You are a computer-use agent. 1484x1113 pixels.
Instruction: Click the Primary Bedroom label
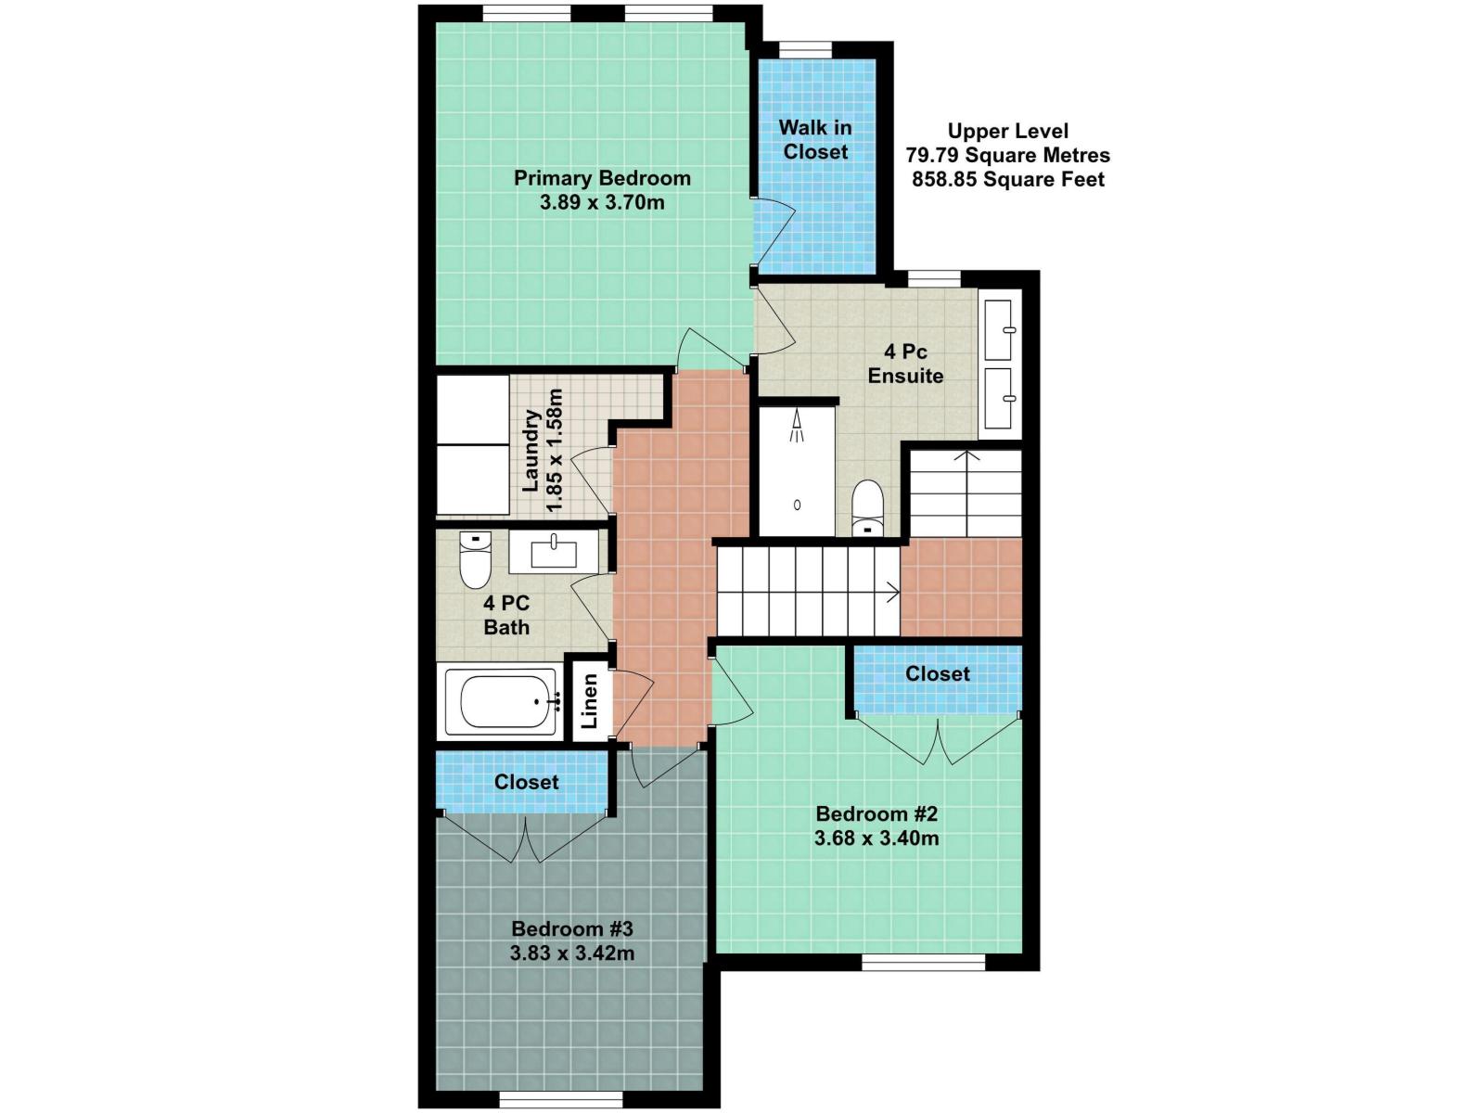[602, 178]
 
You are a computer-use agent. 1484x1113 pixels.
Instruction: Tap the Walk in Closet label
[815, 140]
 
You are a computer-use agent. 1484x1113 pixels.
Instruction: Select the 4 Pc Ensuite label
[905, 364]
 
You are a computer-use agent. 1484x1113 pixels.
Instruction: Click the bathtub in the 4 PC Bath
[502, 701]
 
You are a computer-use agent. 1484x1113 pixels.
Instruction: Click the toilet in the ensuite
[868, 507]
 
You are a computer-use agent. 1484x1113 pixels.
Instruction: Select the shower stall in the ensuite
[797, 471]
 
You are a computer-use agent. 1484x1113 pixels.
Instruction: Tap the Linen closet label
[589, 700]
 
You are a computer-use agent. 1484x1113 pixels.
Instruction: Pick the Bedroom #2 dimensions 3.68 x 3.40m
[876, 838]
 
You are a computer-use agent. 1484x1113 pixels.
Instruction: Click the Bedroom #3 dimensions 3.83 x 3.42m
[572, 953]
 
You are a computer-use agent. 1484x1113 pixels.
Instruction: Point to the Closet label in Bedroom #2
[938, 673]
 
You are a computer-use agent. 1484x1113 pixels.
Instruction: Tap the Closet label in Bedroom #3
[526, 782]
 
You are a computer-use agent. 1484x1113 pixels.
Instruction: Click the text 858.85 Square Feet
[1008, 179]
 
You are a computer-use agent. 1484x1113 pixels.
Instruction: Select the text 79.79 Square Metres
[1008, 155]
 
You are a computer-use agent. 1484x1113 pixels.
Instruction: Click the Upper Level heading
[1008, 131]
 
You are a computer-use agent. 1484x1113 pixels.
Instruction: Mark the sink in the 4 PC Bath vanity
[554, 554]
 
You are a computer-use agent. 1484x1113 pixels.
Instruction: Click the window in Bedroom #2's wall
[923, 963]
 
